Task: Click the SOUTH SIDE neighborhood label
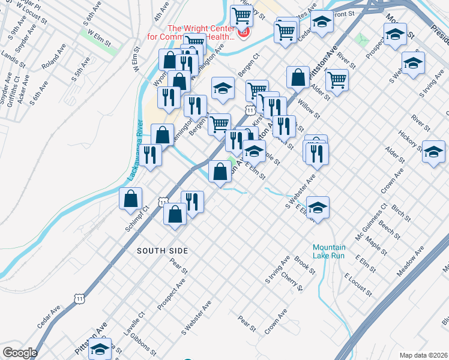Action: point(162,250)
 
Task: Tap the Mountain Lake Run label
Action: point(329,251)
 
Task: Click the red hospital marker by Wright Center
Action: point(244,32)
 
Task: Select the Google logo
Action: point(19,353)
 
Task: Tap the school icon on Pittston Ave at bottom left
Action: point(100,349)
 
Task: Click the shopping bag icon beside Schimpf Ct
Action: point(130,199)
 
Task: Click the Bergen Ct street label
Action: point(247,64)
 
